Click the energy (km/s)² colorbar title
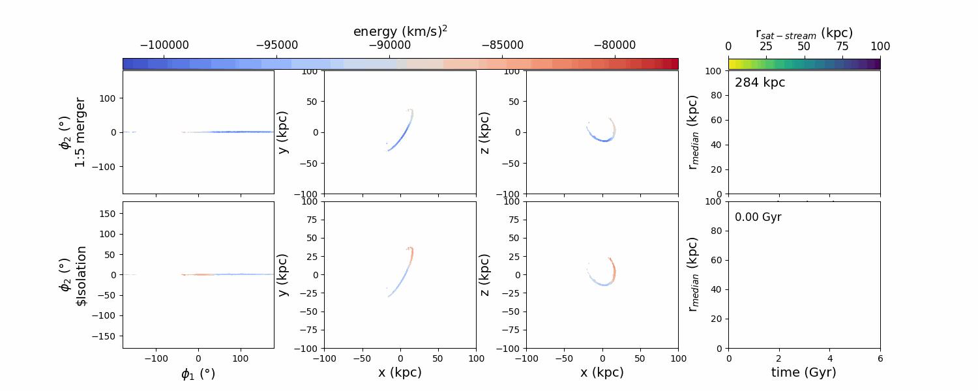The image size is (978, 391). pos(400,31)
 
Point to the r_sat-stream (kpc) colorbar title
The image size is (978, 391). pos(804,33)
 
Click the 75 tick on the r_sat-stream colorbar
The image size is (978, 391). pos(842,46)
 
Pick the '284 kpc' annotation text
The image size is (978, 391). pos(760,83)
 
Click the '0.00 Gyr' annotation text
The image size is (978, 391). pos(758,217)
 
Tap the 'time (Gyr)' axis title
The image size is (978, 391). pos(804,372)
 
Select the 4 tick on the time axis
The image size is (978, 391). pos(830,358)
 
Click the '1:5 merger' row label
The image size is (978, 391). pos(80,132)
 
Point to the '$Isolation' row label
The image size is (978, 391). pos(81,276)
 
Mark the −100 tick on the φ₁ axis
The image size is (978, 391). pos(156,358)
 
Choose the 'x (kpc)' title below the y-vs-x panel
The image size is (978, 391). pos(400,372)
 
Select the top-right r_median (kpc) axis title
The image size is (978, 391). pos(694,132)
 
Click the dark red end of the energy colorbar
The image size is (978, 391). pos(674,63)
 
